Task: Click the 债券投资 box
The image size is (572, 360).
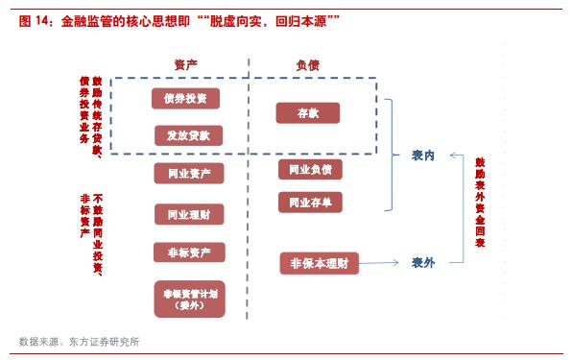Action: (185, 98)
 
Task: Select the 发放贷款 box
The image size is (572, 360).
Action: (188, 135)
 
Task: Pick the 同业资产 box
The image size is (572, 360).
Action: (188, 174)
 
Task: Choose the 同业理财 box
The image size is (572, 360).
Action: (188, 213)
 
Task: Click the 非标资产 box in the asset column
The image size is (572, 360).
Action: (188, 252)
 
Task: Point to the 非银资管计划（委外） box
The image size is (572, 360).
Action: (188, 299)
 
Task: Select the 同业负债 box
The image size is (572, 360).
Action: (310, 170)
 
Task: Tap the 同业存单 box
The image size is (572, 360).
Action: (310, 203)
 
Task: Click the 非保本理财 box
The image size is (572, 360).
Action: (319, 263)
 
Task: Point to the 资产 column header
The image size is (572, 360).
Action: (186, 64)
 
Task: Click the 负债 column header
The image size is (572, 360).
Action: (308, 64)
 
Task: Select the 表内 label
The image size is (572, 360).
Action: (423, 156)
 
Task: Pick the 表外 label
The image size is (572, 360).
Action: (423, 262)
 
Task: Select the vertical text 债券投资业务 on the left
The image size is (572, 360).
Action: (83, 108)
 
